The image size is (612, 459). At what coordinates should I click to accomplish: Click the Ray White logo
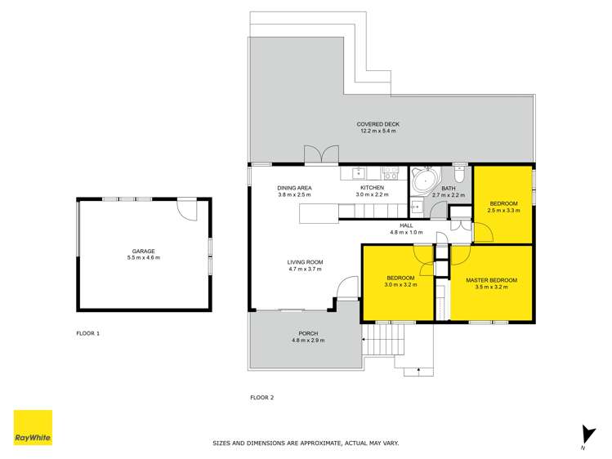tap(33, 427)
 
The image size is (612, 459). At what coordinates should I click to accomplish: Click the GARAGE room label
tap(144, 252)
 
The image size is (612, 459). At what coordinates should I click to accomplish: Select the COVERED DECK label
tap(377, 124)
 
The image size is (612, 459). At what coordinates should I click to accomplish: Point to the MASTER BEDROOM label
tap(491, 280)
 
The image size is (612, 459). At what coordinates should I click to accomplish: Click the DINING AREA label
tap(294, 188)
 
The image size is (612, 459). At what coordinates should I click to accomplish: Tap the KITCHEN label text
tap(372, 188)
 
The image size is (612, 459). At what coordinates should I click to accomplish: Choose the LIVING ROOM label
tap(305, 262)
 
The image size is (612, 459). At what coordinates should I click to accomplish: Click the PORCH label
tap(308, 333)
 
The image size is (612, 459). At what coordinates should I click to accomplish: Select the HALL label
tap(406, 225)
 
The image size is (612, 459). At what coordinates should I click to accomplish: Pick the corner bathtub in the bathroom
tap(423, 180)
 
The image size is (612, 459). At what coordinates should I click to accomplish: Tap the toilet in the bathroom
tap(459, 173)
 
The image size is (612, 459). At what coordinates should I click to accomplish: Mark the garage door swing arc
tap(189, 209)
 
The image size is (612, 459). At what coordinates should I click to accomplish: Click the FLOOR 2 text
tap(261, 398)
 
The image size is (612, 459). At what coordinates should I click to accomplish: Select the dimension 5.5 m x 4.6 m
tap(144, 258)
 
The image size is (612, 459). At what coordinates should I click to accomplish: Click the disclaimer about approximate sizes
tap(306, 443)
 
